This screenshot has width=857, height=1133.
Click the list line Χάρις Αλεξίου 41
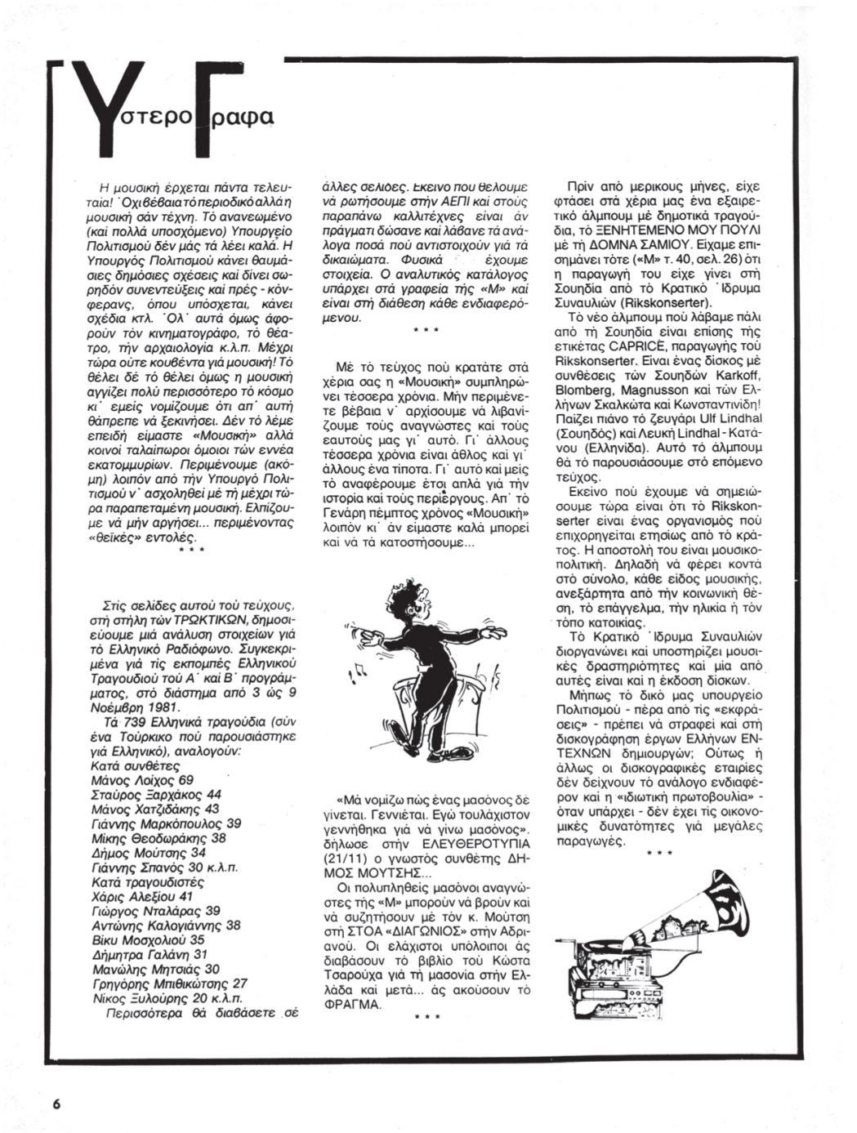(145, 896)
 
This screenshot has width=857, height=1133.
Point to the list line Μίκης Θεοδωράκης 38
(161, 838)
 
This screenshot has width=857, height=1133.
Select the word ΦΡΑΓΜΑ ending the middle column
(359, 1005)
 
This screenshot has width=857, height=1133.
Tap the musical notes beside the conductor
(358, 671)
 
